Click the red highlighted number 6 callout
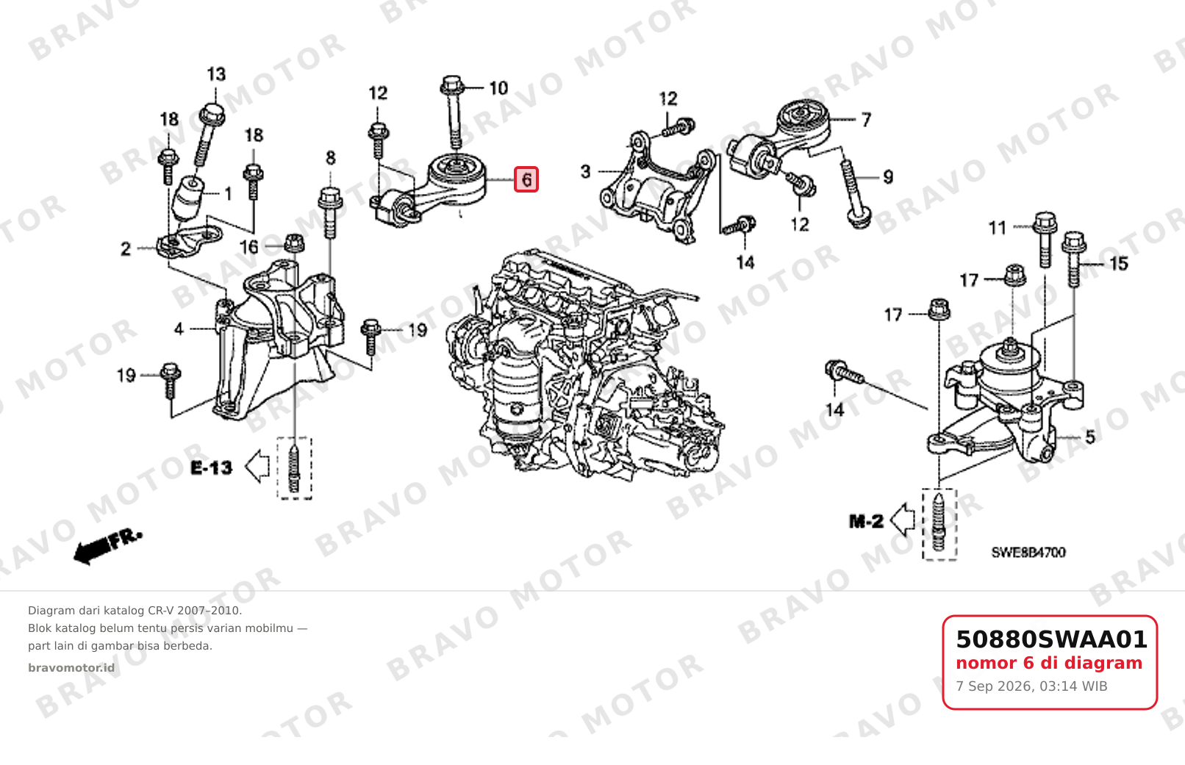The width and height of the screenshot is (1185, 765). (526, 179)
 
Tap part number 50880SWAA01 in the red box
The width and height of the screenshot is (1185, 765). (1051, 639)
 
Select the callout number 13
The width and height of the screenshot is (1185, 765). (216, 74)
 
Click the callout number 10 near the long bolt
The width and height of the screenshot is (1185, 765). (498, 87)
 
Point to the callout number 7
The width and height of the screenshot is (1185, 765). (866, 120)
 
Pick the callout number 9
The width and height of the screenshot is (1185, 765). (888, 176)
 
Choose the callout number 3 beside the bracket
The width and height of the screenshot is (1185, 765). (585, 171)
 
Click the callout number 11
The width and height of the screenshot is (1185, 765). (998, 228)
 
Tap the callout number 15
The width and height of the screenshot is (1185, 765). (1118, 263)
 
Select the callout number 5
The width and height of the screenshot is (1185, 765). (1090, 437)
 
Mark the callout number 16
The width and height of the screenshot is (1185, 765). (248, 247)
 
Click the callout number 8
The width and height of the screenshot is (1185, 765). (330, 157)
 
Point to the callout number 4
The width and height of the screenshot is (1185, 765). (179, 328)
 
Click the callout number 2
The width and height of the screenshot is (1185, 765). (126, 248)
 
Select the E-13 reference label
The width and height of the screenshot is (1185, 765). (211, 468)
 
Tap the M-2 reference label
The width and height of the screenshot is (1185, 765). (866, 522)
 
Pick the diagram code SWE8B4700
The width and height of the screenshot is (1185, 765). (1028, 553)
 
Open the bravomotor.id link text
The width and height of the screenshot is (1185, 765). (71, 668)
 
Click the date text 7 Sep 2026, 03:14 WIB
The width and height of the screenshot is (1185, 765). (1031, 686)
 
